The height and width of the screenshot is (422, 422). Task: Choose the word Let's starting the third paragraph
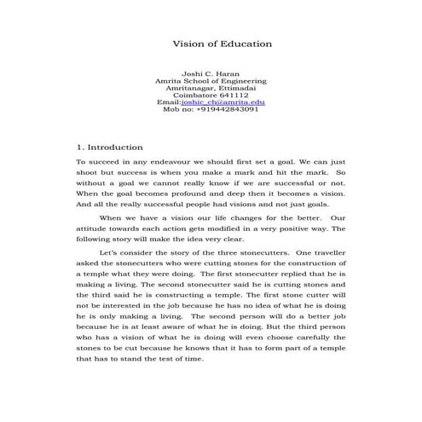(x=111, y=254)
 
